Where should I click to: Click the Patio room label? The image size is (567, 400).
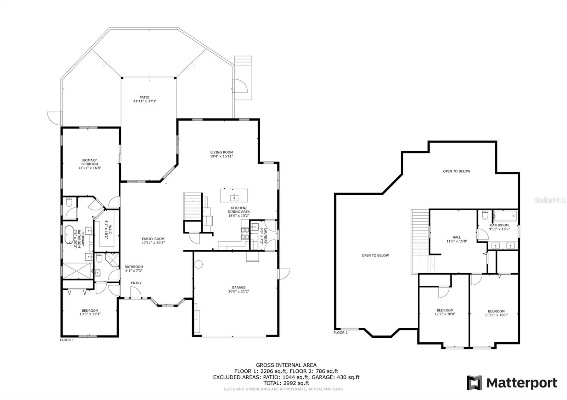(x=144, y=97)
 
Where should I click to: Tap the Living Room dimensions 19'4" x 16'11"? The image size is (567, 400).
(x=221, y=156)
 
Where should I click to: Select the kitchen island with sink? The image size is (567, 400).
(x=234, y=195)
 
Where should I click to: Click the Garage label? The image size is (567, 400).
(x=238, y=287)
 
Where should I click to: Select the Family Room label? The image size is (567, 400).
(x=153, y=239)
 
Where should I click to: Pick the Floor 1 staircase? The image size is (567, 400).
(x=192, y=207)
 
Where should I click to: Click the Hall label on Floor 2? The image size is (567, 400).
(x=456, y=237)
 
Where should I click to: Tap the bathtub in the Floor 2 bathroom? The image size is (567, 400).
(x=505, y=216)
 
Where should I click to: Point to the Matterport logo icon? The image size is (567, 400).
(x=474, y=383)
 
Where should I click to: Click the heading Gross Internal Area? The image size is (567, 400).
(x=286, y=365)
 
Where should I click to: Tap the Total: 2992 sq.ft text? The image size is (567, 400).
(x=286, y=383)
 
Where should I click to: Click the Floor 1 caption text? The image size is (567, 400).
(x=67, y=340)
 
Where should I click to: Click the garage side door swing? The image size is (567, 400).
(x=284, y=274)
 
